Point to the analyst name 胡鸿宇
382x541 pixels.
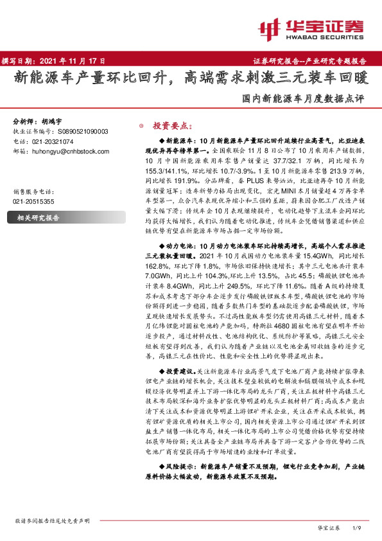[54, 121]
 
